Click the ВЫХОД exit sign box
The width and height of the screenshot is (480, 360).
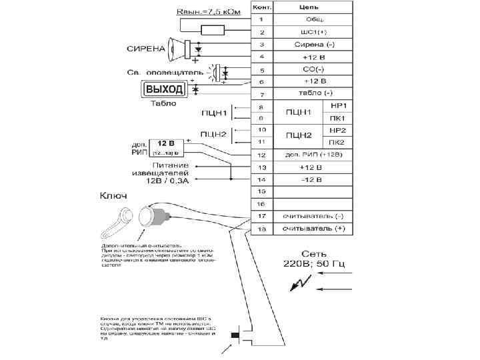click(x=164, y=89)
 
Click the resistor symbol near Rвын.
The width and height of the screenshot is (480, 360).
click(x=212, y=29)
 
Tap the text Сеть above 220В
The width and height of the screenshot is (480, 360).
click(x=314, y=254)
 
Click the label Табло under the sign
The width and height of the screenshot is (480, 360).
click(x=163, y=103)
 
